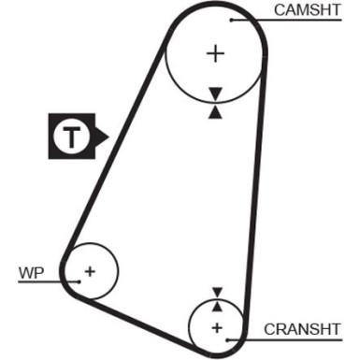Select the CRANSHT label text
(300, 329)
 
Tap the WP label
(31, 273)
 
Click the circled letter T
(73, 138)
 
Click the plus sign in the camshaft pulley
(216, 53)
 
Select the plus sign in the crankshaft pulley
(217, 328)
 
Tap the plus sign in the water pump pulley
(90, 272)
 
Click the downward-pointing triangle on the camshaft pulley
(216, 94)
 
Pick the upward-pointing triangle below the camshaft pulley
(216, 111)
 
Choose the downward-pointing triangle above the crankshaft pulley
(217, 292)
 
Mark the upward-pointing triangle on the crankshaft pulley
(217, 306)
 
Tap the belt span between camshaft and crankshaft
(254, 187)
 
